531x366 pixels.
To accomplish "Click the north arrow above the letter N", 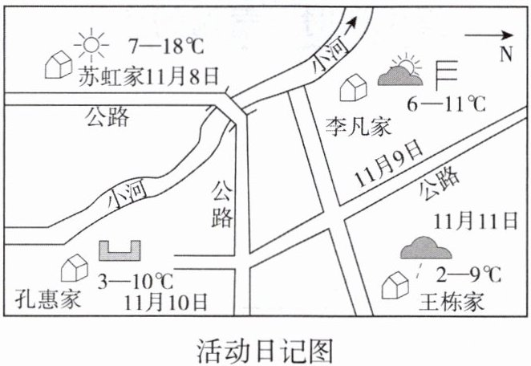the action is (x=489, y=35).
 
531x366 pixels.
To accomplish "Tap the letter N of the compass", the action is (x=506, y=54).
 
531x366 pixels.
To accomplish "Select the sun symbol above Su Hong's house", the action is (x=91, y=45).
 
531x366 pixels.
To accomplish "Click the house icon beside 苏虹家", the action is (x=59, y=64).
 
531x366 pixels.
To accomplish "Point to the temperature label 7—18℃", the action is (x=167, y=46).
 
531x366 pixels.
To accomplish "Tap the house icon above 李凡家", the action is (x=353, y=87).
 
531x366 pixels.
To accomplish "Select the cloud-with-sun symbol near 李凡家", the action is (x=400, y=70).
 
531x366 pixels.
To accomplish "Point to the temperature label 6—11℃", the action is (x=446, y=104).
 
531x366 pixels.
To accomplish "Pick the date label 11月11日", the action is (x=476, y=221).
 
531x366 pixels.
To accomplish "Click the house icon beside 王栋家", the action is (x=395, y=285).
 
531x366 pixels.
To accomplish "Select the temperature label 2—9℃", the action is (x=468, y=274).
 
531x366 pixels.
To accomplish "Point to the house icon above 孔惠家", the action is (x=75, y=268).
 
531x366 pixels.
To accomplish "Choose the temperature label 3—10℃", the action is (x=136, y=281).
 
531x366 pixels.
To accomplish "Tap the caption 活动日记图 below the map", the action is (x=265, y=350).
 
